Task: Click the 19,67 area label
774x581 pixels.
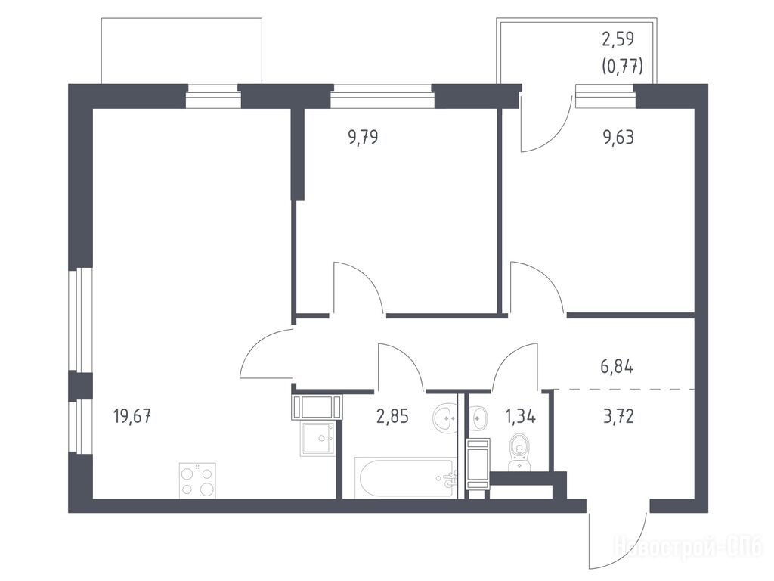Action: point(132,417)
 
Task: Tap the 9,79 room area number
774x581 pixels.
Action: point(364,137)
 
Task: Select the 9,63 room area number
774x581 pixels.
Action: point(618,137)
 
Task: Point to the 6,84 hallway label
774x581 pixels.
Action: point(617,367)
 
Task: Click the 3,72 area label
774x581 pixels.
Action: point(618,417)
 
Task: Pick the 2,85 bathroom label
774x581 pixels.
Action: point(392,417)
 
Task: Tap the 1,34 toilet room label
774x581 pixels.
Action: point(520,417)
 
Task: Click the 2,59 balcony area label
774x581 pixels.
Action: point(618,39)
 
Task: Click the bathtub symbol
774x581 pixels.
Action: point(406,479)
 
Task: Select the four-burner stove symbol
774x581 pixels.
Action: point(197,480)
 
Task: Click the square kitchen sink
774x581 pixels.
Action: point(318,438)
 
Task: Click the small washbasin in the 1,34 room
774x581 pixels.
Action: point(478,418)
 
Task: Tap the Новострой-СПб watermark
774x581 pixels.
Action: point(688,547)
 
